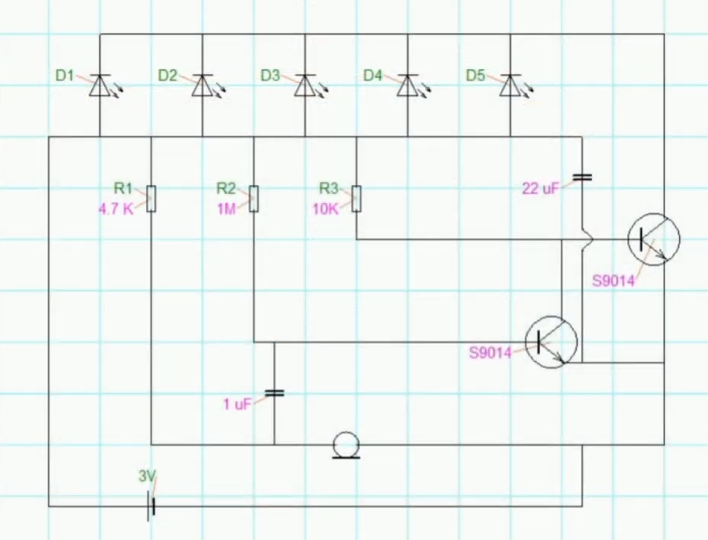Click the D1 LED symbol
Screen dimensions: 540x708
coord(100,85)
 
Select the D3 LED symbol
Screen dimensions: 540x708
coord(305,85)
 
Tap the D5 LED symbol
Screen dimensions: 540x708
coord(510,85)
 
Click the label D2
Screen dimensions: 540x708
coord(167,76)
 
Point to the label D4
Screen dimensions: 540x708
coord(373,76)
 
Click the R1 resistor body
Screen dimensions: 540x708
coord(151,198)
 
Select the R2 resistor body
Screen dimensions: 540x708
coord(254,198)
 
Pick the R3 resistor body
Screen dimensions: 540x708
coord(356,198)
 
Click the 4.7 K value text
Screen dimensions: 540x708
coord(116,209)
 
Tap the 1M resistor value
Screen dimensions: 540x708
coord(226,209)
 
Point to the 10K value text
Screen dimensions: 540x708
coord(326,209)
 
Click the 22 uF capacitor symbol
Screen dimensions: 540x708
coord(582,177)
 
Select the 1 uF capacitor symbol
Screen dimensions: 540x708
coord(274,393)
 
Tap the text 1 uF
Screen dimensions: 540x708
coord(237,404)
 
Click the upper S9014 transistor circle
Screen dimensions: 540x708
coord(654,239)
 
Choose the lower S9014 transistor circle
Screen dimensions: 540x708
coord(552,342)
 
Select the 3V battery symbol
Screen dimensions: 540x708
coord(152,506)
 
